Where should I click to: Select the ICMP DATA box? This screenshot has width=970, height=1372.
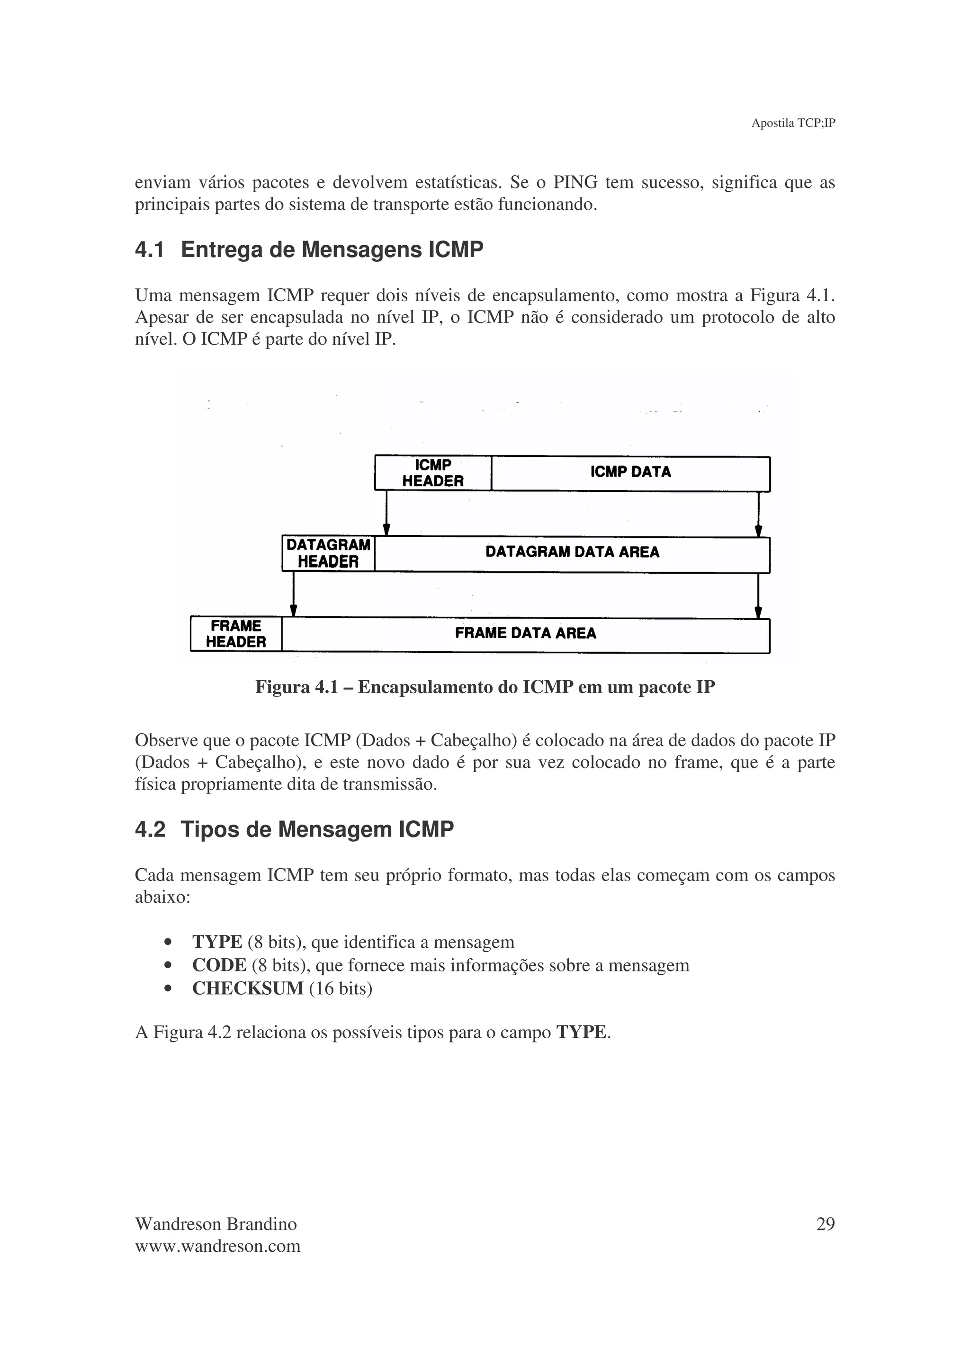pos(630,472)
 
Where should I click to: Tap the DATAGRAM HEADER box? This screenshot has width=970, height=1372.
pos(328,553)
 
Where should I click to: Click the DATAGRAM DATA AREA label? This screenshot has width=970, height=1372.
pos(572,552)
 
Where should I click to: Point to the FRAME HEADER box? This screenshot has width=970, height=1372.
pos(236,634)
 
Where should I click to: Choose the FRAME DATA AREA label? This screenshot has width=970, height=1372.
pos(525,633)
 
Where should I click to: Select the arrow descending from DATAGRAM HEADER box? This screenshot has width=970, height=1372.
pos(294,594)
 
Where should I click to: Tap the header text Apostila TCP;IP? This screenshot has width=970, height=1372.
pos(792,123)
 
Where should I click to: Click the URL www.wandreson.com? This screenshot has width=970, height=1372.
pos(217,1247)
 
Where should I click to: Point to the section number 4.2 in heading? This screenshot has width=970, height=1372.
pos(150,829)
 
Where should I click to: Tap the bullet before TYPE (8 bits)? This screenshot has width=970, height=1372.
pos(168,943)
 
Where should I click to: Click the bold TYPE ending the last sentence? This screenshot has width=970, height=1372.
pos(581,1032)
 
